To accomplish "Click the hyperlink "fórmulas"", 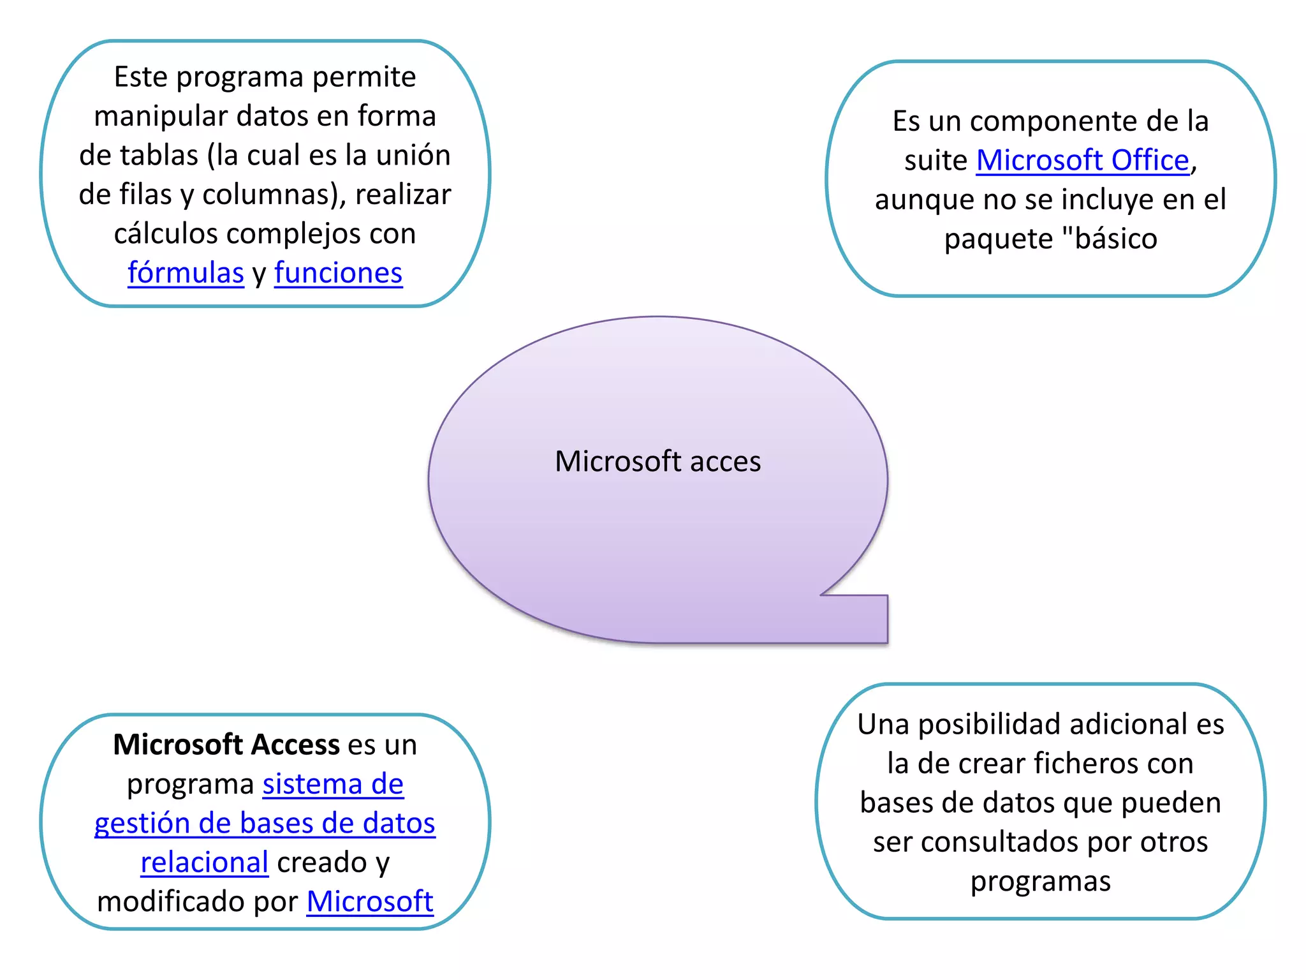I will tap(186, 273).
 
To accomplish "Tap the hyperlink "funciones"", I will tap(338, 273).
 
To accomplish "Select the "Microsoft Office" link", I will tap(1082, 160).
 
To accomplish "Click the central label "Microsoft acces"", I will tap(657, 461).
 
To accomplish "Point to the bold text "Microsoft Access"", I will tap(226, 745).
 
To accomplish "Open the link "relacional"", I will tap(204, 863).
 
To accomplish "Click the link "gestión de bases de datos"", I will tap(265, 823).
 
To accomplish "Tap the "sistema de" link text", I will tap(333, 784).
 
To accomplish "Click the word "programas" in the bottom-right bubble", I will tap(1040, 882).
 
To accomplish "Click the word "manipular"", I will tap(161, 116).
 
